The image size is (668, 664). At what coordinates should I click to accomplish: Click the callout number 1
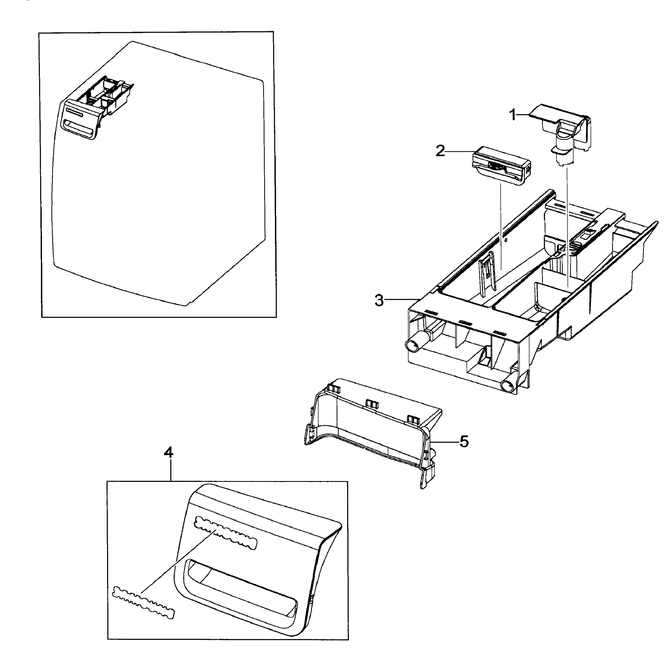(x=513, y=115)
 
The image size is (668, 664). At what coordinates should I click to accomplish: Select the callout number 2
(x=440, y=151)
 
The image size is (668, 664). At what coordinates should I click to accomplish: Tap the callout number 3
(x=379, y=300)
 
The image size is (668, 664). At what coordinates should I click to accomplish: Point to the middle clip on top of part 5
(x=372, y=403)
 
